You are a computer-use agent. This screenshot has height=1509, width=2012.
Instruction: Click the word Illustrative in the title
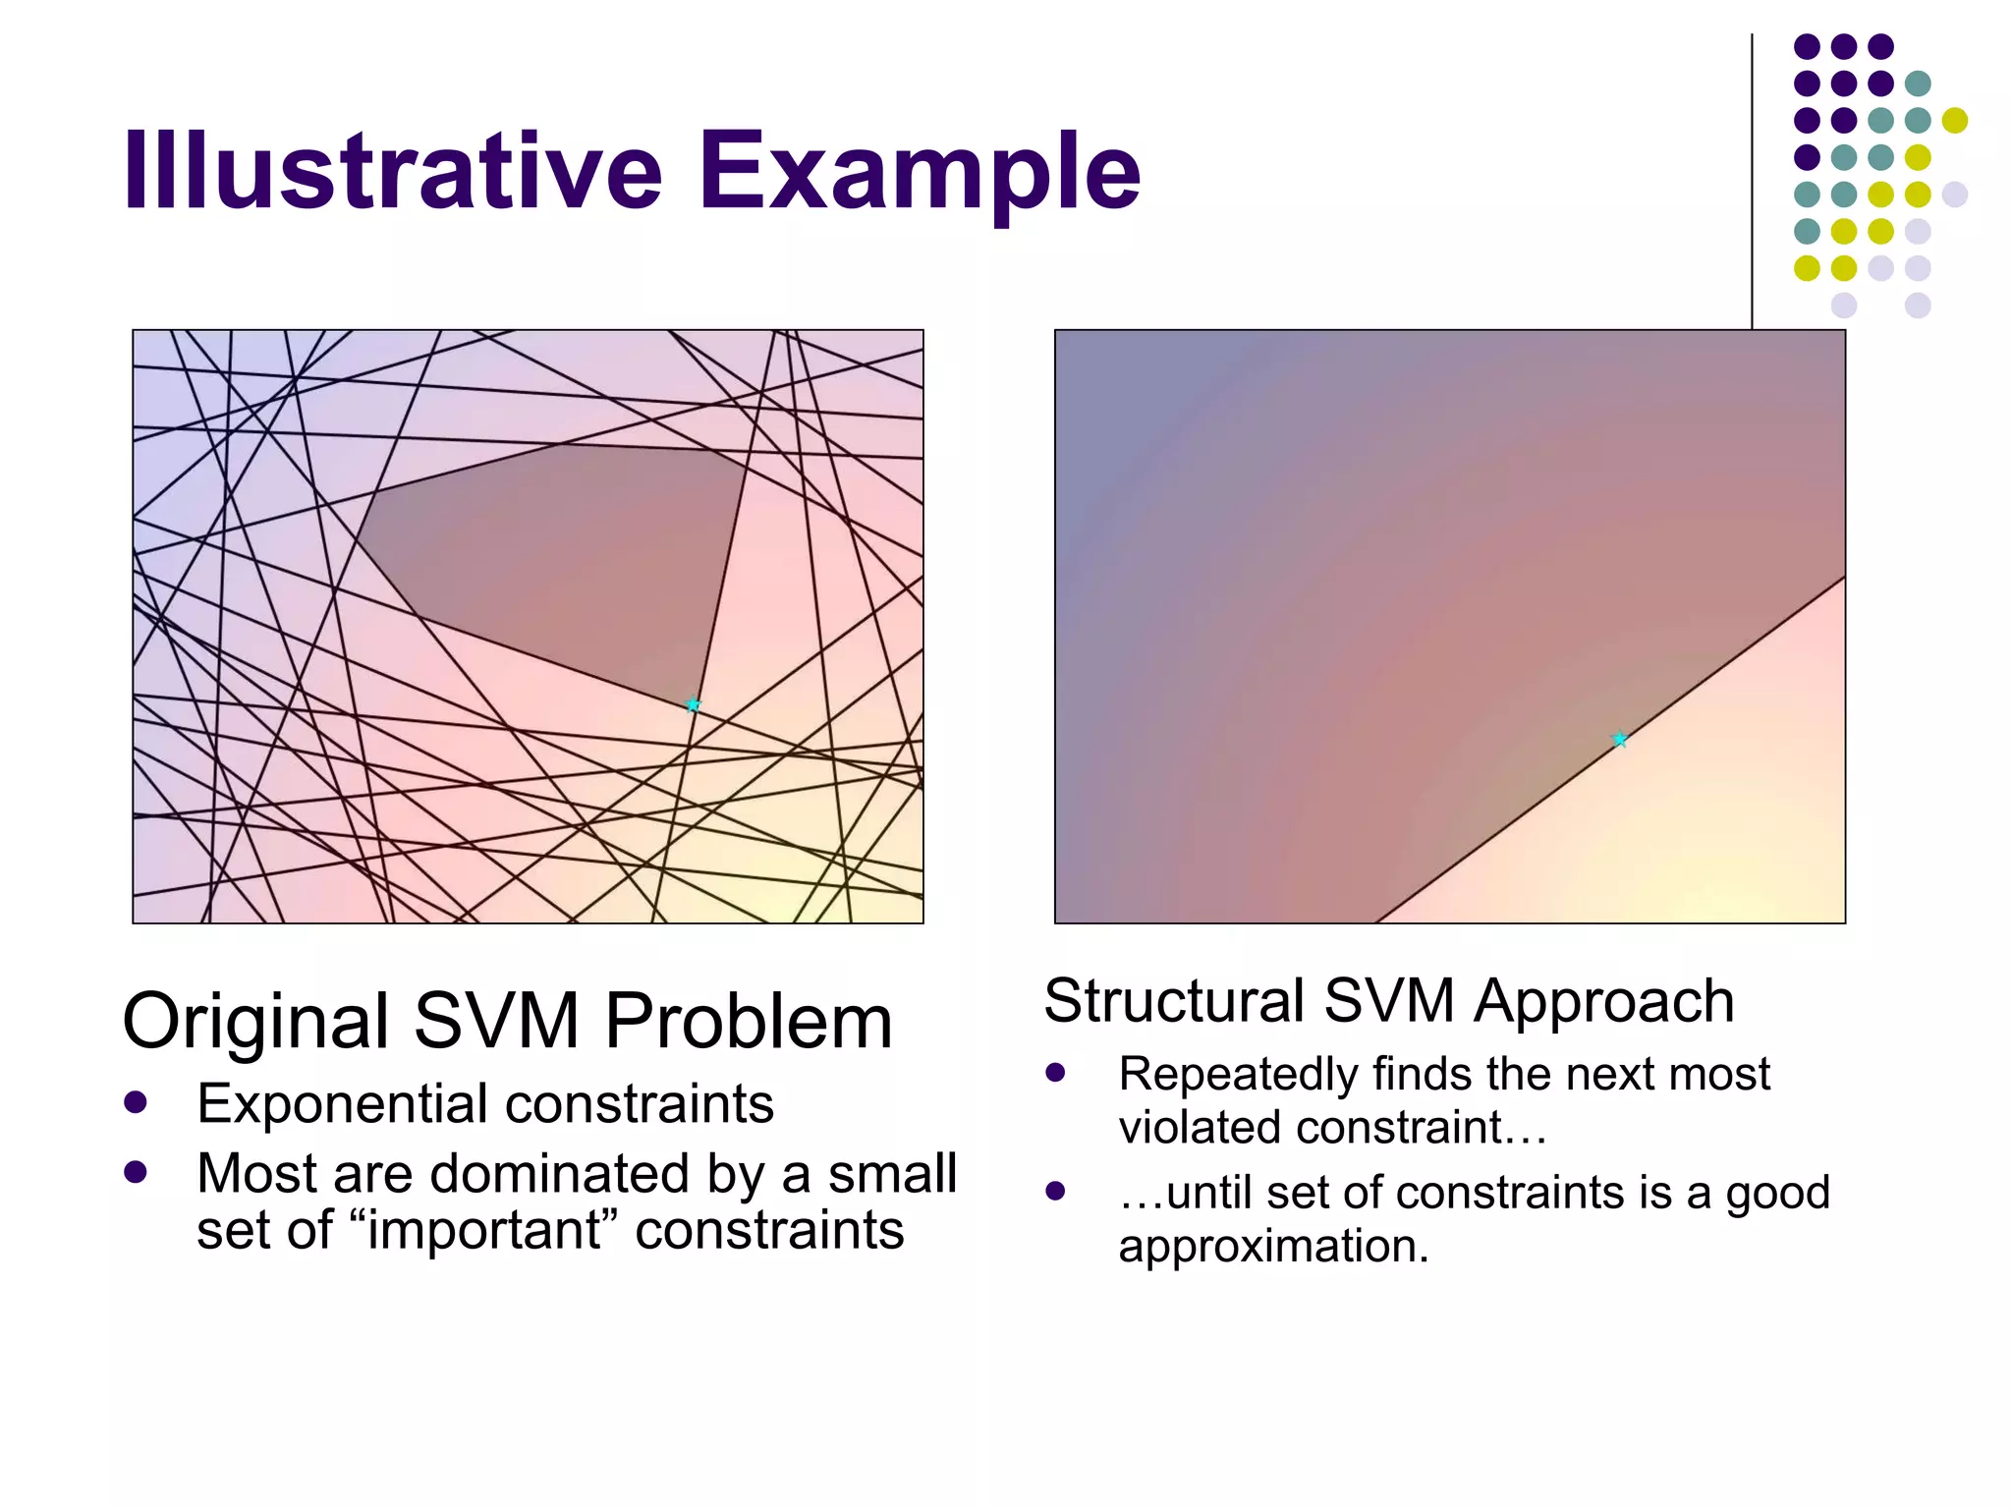393,172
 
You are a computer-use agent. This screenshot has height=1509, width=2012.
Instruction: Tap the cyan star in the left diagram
693,704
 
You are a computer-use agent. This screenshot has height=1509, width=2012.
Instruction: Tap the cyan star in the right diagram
1620,739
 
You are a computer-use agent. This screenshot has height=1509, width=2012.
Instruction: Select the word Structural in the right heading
1174,1001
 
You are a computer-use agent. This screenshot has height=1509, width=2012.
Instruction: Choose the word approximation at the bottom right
1272,1247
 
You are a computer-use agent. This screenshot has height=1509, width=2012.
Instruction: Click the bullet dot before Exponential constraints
136,1101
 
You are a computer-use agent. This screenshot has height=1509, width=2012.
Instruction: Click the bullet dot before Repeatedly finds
1056,1072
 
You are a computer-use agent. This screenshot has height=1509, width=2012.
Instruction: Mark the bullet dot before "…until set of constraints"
1056,1192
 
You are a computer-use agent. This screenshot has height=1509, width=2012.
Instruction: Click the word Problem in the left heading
749,1022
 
